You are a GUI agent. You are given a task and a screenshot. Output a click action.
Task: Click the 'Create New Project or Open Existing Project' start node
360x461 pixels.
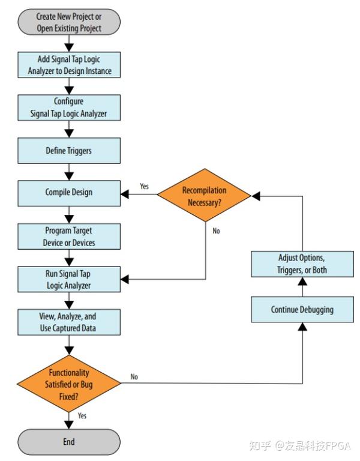point(69,23)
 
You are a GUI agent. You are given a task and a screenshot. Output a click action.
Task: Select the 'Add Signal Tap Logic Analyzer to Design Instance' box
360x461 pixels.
point(69,65)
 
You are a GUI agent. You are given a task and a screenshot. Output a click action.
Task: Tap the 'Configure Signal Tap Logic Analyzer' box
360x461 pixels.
point(69,107)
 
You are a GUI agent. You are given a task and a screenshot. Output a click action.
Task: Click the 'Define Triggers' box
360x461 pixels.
point(69,151)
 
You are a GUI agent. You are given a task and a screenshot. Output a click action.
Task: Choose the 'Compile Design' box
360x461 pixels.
point(69,193)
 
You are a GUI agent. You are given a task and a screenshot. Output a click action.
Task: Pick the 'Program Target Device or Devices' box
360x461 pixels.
point(69,237)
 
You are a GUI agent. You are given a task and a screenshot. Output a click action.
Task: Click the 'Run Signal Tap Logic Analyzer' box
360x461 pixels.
point(69,279)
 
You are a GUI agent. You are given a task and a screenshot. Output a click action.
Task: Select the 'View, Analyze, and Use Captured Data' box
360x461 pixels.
point(69,322)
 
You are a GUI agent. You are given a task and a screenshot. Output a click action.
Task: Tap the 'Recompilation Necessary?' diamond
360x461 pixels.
point(204,196)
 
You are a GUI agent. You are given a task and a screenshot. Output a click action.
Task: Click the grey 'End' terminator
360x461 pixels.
point(69,441)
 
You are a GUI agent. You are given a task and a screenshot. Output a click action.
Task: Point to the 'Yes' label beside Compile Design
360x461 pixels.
point(145,187)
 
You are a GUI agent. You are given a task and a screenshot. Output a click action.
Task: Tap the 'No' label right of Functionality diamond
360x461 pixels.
point(134,377)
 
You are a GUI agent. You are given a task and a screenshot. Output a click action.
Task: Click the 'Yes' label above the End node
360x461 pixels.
point(82,415)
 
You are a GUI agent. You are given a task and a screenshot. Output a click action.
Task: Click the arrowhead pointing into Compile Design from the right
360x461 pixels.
point(125,194)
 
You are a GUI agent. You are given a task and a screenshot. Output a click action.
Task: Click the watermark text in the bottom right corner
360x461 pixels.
point(299,445)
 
